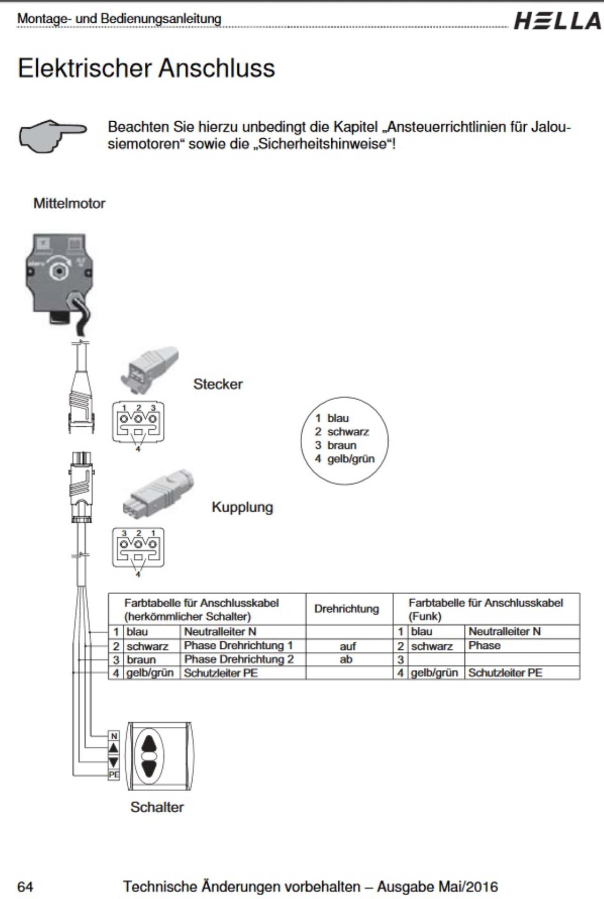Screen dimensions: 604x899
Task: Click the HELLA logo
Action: click(557, 22)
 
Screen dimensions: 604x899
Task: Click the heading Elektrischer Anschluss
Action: click(146, 68)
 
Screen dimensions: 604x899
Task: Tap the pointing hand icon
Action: click(52, 136)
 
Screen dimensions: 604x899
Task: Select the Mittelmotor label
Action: click(69, 203)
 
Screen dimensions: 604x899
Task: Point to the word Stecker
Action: click(218, 384)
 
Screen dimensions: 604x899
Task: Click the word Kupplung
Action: click(242, 507)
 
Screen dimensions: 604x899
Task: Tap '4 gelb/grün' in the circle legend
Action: click(345, 459)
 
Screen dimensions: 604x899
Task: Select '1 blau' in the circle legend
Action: click(332, 418)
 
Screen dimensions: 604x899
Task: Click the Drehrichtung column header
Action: click(347, 609)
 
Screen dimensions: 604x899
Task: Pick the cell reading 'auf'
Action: click(348, 646)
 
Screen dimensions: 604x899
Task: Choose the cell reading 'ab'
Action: click(346, 659)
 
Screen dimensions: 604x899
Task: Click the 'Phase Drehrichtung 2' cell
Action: click(239, 659)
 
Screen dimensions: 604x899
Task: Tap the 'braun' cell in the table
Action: click(141, 660)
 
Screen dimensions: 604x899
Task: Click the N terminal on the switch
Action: click(114, 736)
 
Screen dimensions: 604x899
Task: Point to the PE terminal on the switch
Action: click(114, 774)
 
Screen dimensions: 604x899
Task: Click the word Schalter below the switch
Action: click(157, 807)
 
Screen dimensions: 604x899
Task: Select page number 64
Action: click(25, 887)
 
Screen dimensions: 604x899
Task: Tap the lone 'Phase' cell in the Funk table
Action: click(485, 645)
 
